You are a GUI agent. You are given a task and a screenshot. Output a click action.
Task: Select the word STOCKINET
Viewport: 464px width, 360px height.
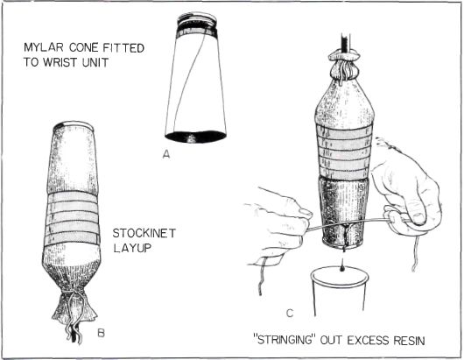[144, 233]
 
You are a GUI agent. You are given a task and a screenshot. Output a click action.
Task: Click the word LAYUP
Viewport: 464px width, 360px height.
[132, 248]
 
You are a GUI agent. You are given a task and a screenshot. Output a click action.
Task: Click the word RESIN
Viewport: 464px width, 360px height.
[409, 341]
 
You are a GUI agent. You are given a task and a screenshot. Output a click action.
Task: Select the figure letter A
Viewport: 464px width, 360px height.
[166, 154]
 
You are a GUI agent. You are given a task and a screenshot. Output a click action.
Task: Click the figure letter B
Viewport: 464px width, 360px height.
[101, 334]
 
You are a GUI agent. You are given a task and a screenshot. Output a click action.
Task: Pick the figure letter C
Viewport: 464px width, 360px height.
[290, 313]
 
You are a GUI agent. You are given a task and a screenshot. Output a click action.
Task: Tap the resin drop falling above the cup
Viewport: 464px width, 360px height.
[342, 269]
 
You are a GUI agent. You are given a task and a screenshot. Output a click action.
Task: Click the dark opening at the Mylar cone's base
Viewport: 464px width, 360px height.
[195, 137]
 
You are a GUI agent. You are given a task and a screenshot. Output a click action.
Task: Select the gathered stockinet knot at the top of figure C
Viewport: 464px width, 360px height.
[344, 65]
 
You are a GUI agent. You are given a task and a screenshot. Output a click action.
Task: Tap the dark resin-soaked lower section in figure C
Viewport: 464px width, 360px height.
[343, 213]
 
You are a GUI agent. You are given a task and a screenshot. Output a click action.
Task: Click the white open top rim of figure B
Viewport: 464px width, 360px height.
[74, 124]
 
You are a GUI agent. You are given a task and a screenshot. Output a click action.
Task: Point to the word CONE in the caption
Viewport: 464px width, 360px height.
[84, 47]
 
